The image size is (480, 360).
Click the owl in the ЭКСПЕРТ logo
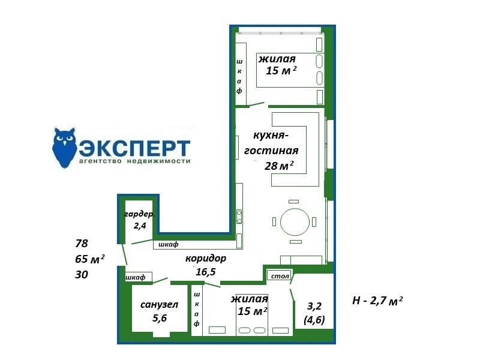pyautogui.click(x=65, y=148)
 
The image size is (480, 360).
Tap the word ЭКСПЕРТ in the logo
pyautogui.click(x=134, y=148)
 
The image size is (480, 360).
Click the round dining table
pyautogui.click(x=295, y=221)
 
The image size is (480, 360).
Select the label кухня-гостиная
pyautogui.click(x=271, y=143)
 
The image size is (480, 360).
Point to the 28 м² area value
pyautogui.click(x=279, y=166)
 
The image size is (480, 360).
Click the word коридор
pyautogui.click(x=206, y=259)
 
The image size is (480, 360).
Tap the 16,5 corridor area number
pyautogui.click(x=206, y=272)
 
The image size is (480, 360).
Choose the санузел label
pyautogui.click(x=159, y=305)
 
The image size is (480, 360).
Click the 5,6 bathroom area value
pyautogui.click(x=160, y=318)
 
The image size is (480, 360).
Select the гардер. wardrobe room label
pyautogui.click(x=140, y=214)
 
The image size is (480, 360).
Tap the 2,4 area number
pyautogui.click(x=140, y=226)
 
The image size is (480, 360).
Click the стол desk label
pyautogui.click(x=280, y=276)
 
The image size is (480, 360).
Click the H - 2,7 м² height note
pyautogui.click(x=377, y=301)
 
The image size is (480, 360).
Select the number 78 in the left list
pyautogui.click(x=82, y=244)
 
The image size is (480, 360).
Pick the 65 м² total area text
pyautogui.click(x=89, y=259)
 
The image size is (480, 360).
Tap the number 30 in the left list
pyautogui.click(x=82, y=275)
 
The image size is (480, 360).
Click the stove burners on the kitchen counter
pyautogui.click(x=239, y=217)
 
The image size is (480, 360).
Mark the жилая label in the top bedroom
pyautogui.click(x=277, y=59)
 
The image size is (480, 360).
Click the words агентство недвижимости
pyautogui.click(x=134, y=161)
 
